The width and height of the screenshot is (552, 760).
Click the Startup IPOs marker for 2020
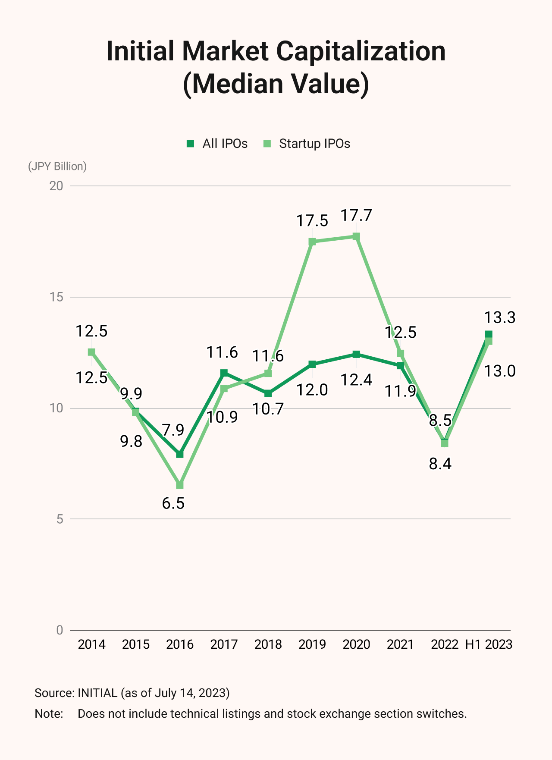356,237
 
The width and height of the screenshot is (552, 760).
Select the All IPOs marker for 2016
180,454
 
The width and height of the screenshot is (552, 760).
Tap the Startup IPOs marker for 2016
180,485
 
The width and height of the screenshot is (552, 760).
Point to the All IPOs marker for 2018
268,393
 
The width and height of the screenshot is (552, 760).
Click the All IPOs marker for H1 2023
489,334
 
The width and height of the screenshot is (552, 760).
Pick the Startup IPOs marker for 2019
312,242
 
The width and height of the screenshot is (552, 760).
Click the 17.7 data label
356,215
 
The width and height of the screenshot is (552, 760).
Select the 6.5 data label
173,503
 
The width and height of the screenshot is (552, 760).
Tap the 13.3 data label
500,318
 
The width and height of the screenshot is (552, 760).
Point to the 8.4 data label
440,464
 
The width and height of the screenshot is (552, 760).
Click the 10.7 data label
268,409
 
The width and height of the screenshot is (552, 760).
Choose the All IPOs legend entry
217,144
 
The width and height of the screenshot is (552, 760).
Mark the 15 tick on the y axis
56,297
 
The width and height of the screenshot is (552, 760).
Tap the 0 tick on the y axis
60,630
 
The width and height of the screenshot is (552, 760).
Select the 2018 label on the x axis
268,644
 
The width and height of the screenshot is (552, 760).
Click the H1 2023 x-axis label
489,644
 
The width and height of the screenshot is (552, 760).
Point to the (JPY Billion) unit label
57,166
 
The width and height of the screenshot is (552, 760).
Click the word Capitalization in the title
361,51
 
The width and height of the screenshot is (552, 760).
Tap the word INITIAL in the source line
97,693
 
